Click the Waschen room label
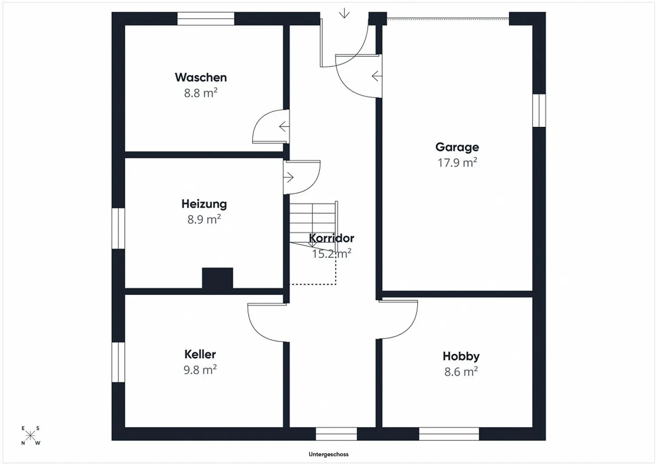click(201, 77)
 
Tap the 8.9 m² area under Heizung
click(204, 219)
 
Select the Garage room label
click(457, 147)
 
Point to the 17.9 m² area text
click(457, 162)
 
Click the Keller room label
click(200, 354)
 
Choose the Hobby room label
click(461, 356)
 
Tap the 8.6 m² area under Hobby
click(461, 371)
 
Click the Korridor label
click(332, 238)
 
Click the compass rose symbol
click(30, 436)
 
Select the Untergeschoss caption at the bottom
click(328, 454)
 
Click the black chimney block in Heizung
click(218, 278)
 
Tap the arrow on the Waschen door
click(284, 126)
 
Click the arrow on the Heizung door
click(289, 177)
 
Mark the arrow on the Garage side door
click(376, 76)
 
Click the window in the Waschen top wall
click(206, 19)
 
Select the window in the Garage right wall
click(539, 110)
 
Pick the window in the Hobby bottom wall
click(449, 434)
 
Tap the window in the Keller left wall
click(118, 362)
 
